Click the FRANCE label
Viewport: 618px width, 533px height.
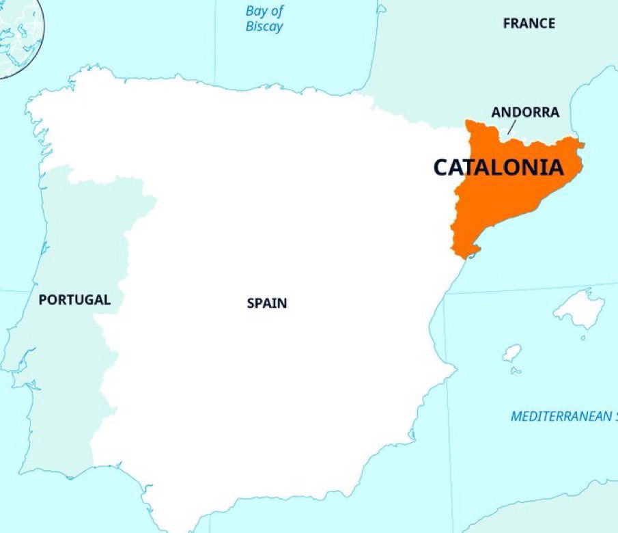(x=529, y=23)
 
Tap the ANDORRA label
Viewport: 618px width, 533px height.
(x=525, y=112)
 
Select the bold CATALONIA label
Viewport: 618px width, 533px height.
(x=499, y=167)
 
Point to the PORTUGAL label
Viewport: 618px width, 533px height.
(x=74, y=299)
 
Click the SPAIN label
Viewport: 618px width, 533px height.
(x=267, y=303)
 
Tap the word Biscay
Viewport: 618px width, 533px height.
(x=264, y=27)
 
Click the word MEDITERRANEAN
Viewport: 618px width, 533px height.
(x=560, y=416)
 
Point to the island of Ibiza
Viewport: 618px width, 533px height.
(x=511, y=353)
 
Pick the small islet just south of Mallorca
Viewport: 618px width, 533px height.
(x=582, y=338)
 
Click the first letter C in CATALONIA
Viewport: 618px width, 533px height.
(x=442, y=167)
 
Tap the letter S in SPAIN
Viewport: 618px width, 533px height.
(x=251, y=303)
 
